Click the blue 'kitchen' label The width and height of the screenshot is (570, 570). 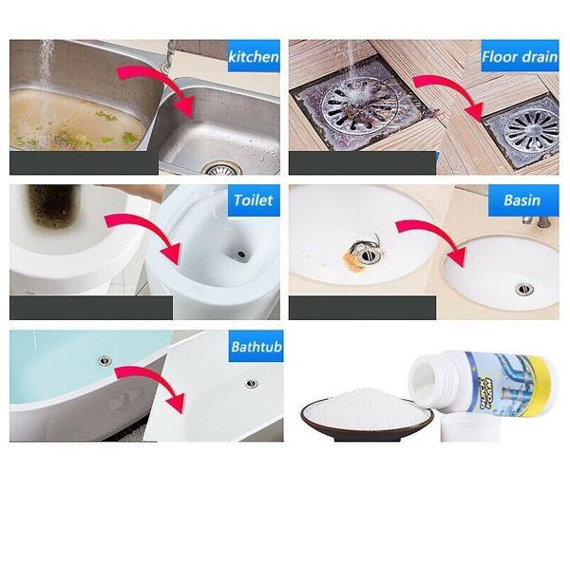pos(254,57)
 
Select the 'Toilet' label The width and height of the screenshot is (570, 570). pos(254,200)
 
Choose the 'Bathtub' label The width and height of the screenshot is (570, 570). pos(256,346)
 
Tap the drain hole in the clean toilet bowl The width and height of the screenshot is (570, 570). pos(244,255)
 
